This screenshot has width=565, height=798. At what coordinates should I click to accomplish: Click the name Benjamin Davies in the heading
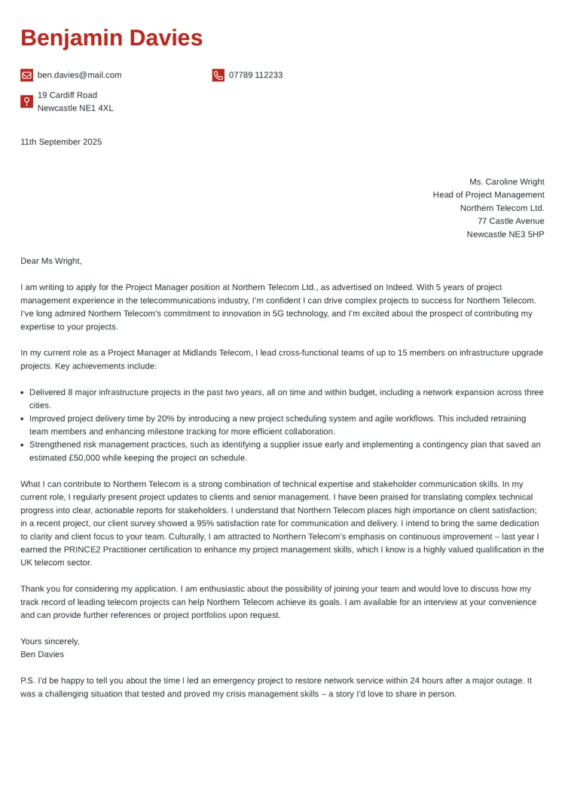[111, 38]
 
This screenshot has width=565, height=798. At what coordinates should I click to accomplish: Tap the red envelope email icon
[26, 75]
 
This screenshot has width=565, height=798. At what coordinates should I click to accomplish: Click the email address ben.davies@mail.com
[79, 75]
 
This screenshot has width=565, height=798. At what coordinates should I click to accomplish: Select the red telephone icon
[218, 75]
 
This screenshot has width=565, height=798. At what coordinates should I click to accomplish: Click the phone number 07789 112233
[255, 75]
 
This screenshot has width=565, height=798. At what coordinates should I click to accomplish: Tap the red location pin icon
[26, 102]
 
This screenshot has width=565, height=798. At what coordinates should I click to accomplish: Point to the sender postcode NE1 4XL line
[75, 109]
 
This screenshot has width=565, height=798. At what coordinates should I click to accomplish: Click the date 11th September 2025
[61, 142]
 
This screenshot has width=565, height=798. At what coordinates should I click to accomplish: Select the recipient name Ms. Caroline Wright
[506, 182]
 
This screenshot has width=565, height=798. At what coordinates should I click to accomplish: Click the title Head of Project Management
[488, 195]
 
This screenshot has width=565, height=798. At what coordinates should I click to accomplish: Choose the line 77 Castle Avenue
[510, 222]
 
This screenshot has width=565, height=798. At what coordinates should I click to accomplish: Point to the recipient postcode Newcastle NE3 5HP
[505, 234]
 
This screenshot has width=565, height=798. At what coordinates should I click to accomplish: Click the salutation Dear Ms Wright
[50, 261]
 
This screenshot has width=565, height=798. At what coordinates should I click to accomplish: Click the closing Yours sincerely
[50, 641]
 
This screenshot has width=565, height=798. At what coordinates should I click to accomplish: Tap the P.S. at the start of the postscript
[28, 680]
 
